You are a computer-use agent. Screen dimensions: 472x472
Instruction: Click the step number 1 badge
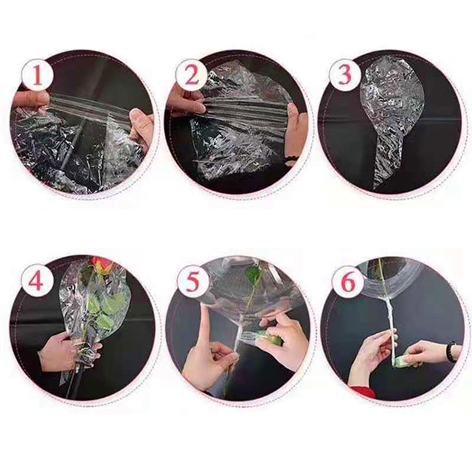point(37,75)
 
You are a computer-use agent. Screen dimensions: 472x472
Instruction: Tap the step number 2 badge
point(191,75)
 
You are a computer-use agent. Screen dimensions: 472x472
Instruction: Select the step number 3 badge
point(345,75)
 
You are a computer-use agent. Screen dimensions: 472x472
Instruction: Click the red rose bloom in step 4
point(101,265)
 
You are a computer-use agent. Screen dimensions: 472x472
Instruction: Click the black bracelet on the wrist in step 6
point(451,351)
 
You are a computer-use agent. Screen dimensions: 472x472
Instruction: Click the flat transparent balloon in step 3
point(391,114)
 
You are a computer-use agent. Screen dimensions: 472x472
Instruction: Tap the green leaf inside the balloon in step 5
point(253,273)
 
